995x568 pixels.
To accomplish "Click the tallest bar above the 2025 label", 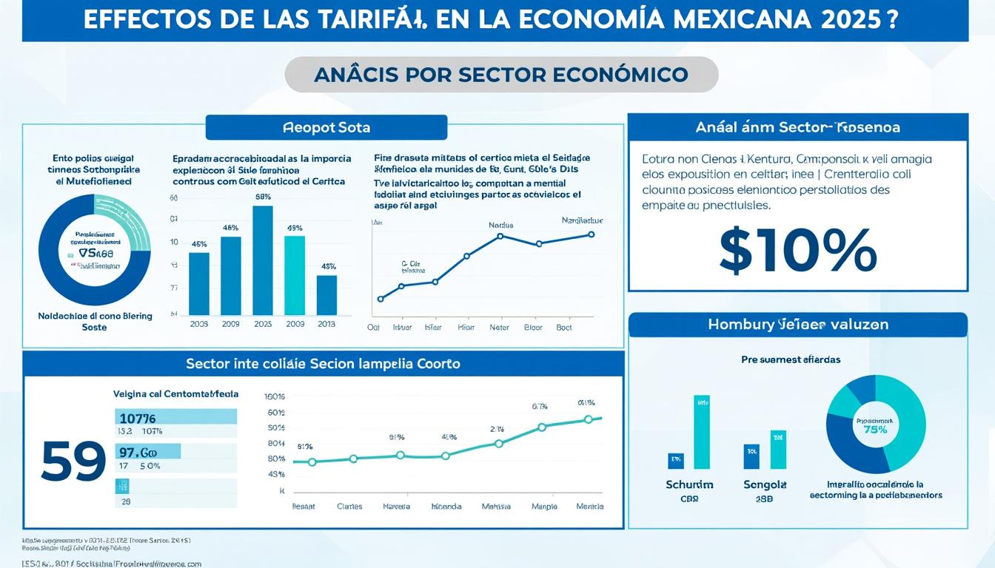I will coord(263,260).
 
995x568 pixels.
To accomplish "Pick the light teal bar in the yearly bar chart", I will coord(295,274).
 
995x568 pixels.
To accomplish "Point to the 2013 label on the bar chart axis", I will coord(326,324).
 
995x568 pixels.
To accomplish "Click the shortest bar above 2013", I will coord(326,294).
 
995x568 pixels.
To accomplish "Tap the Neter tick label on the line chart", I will coord(500,326).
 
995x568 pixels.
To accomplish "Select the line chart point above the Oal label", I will coord(381,299).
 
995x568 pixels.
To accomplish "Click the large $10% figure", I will coord(797,251).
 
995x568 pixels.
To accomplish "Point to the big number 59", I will coord(73,462).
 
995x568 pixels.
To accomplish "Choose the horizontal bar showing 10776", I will coord(175,416).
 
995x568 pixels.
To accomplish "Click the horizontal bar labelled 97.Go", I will coord(148,451).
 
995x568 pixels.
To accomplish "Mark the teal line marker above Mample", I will coord(542,427).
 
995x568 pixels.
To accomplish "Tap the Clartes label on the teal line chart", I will coord(349,507).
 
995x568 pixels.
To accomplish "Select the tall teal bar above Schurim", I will coord(701,432).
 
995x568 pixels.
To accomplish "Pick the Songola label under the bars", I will coord(765,484).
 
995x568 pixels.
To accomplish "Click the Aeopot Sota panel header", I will coord(326,127).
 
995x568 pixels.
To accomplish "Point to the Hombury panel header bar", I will coord(797,325).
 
